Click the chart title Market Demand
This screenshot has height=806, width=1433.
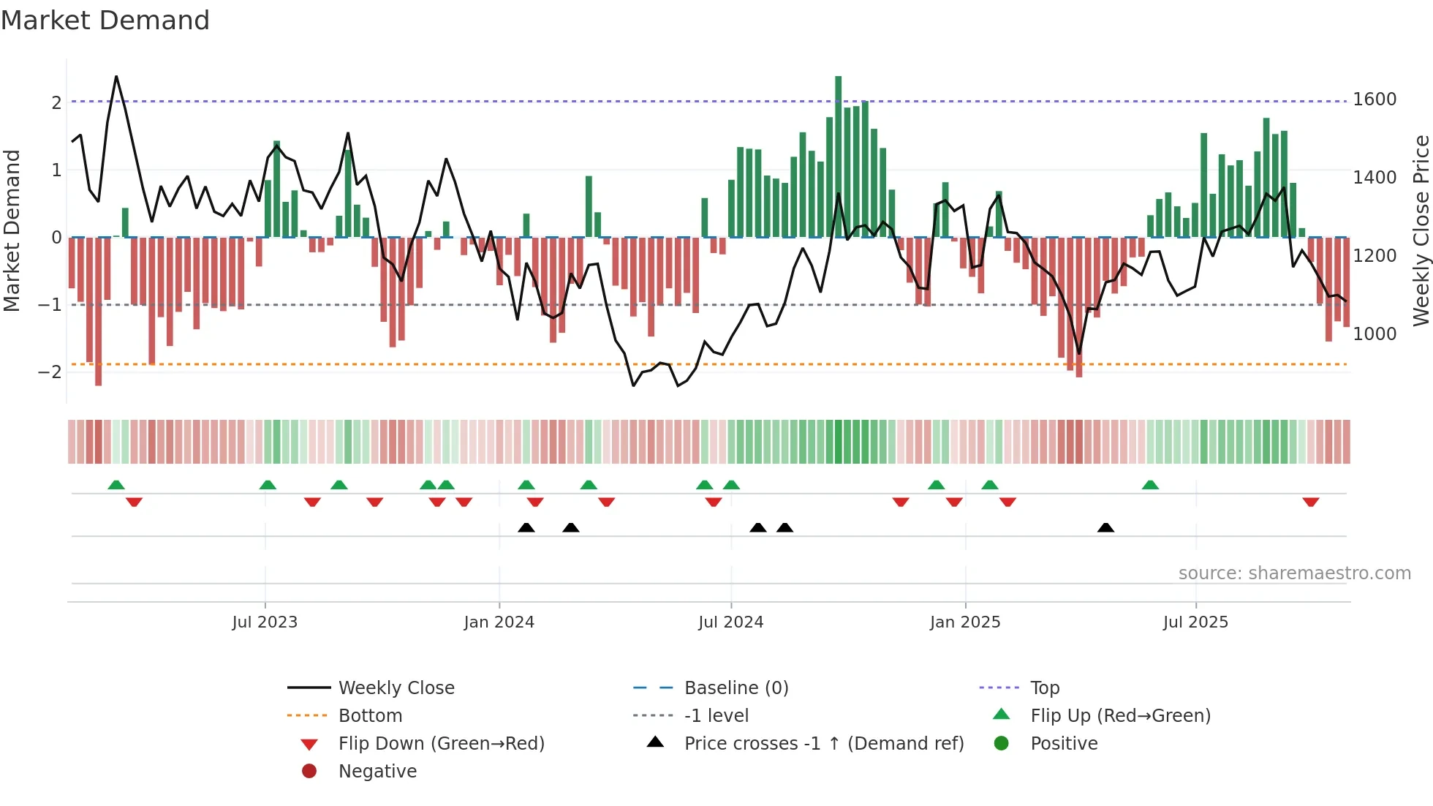[105, 20]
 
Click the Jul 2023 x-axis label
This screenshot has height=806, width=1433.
[265, 622]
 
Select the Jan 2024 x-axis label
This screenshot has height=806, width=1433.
[499, 622]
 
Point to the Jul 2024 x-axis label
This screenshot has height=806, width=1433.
[730, 622]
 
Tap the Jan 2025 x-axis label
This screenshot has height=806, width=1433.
[965, 622]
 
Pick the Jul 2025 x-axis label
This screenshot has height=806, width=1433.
[1195, 622]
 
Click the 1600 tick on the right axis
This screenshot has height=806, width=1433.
[1375, 99]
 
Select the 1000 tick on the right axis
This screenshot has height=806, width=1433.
[1375, 334]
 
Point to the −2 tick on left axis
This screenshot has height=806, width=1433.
[50, 372]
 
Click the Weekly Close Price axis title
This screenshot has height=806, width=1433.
[1421, 230]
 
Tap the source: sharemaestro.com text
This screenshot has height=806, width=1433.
[1294, 573]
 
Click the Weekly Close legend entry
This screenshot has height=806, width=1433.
[396, 688]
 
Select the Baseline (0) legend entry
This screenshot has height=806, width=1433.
[736, 688]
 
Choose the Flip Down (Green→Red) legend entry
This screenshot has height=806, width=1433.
[441, 744]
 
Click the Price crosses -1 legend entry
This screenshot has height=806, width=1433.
[823, 744]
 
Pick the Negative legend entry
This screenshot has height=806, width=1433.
[377, 772]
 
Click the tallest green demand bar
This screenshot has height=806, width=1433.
[838, 157]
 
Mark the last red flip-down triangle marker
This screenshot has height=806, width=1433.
[1310, 502]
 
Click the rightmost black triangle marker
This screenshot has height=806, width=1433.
[1105, 527]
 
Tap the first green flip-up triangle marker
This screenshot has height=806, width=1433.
[116, 484]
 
